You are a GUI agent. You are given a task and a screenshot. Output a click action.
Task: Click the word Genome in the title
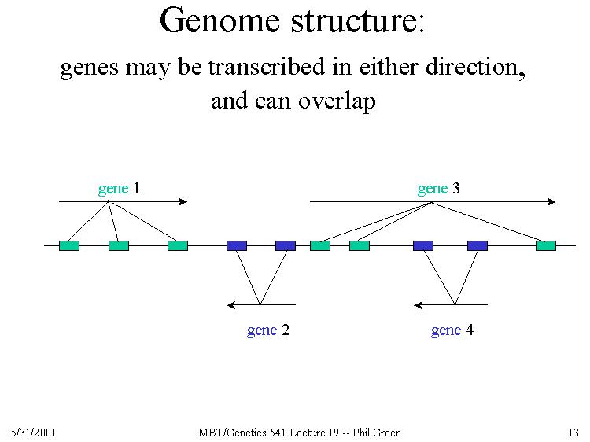coord(219,21)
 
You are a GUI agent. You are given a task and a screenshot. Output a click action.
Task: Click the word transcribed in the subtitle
coord(267,67)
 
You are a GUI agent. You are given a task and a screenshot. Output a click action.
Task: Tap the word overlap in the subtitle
coord(337,101)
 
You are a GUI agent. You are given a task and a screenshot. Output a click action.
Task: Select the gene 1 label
coord(119,189)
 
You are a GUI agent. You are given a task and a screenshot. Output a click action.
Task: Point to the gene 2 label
coord(268,330)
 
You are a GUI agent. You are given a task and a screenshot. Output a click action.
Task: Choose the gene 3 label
coord(439,189)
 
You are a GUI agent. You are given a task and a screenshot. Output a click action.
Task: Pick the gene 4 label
coord(452,330)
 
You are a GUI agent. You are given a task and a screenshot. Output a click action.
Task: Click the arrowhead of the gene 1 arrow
coord(183,202)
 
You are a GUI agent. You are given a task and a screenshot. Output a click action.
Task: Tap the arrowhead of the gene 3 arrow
coord(551,202)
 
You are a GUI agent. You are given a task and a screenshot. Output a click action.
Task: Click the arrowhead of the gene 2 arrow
coord(230,304)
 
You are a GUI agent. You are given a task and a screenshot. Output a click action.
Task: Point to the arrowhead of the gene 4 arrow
coord(418,304)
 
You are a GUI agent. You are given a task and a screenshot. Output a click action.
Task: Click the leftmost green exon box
coord(69,245)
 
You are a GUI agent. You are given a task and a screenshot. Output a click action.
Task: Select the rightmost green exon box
coord(546,245)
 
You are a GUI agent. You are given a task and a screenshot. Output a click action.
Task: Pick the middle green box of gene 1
coord(119,245)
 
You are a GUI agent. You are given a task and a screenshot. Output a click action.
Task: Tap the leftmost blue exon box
coord(237,245)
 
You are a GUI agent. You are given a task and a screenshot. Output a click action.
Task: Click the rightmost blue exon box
coord(478,245)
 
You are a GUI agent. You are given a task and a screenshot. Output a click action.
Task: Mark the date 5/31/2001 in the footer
coord(34,433)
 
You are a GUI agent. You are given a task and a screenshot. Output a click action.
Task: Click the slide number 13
coord(573,433)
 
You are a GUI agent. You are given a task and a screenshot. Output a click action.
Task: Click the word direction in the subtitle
coord(475,68)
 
